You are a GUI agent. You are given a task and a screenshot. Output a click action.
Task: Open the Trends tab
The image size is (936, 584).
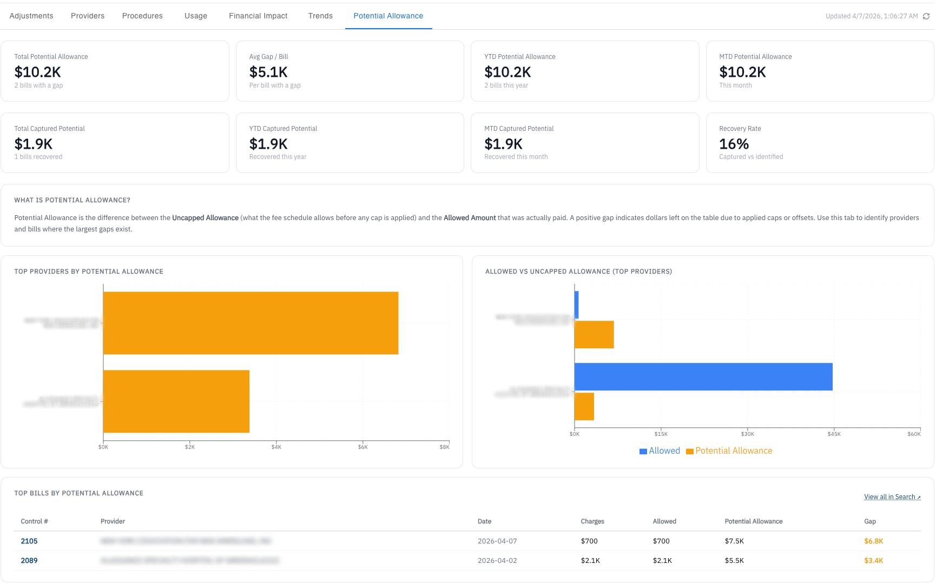pos(320,16)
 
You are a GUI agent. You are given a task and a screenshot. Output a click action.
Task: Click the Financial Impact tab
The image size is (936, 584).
pos(258,16)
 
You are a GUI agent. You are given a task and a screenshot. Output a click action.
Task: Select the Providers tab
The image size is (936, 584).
pos(88,16)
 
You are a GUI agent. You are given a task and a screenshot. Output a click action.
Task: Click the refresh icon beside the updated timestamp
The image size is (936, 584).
pos(926,16)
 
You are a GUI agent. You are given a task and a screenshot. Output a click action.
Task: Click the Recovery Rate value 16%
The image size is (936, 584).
pos(734,144)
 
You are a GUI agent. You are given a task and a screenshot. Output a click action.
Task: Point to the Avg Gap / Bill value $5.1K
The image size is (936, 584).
pos(268,72)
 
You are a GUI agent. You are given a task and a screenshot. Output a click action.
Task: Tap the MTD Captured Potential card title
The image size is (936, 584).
pos(519,129)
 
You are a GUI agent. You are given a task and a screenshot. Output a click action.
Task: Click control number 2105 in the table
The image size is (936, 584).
pos(29,541)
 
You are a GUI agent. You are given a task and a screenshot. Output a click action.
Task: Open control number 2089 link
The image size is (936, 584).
pos(29,560)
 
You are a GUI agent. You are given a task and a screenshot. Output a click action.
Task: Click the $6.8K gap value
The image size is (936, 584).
pos(873,541)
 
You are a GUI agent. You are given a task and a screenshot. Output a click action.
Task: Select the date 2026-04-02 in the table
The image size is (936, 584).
pos(497,560)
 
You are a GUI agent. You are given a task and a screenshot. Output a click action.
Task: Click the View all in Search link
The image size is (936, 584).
pos(892,497)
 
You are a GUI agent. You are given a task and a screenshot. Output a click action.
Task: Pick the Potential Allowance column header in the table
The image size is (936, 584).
pos(753,521)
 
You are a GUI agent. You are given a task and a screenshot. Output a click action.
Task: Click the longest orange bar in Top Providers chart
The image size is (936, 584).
pos(251,323)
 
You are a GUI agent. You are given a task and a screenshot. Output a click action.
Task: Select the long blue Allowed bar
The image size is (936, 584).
pos(703,376)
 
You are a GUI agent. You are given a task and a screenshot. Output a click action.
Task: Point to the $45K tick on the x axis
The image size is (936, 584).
pos(834,434)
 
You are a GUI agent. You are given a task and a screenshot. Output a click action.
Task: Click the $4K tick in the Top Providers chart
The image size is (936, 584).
pos(276,447)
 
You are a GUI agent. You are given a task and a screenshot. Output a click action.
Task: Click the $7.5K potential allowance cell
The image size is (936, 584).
pos(734,541)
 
